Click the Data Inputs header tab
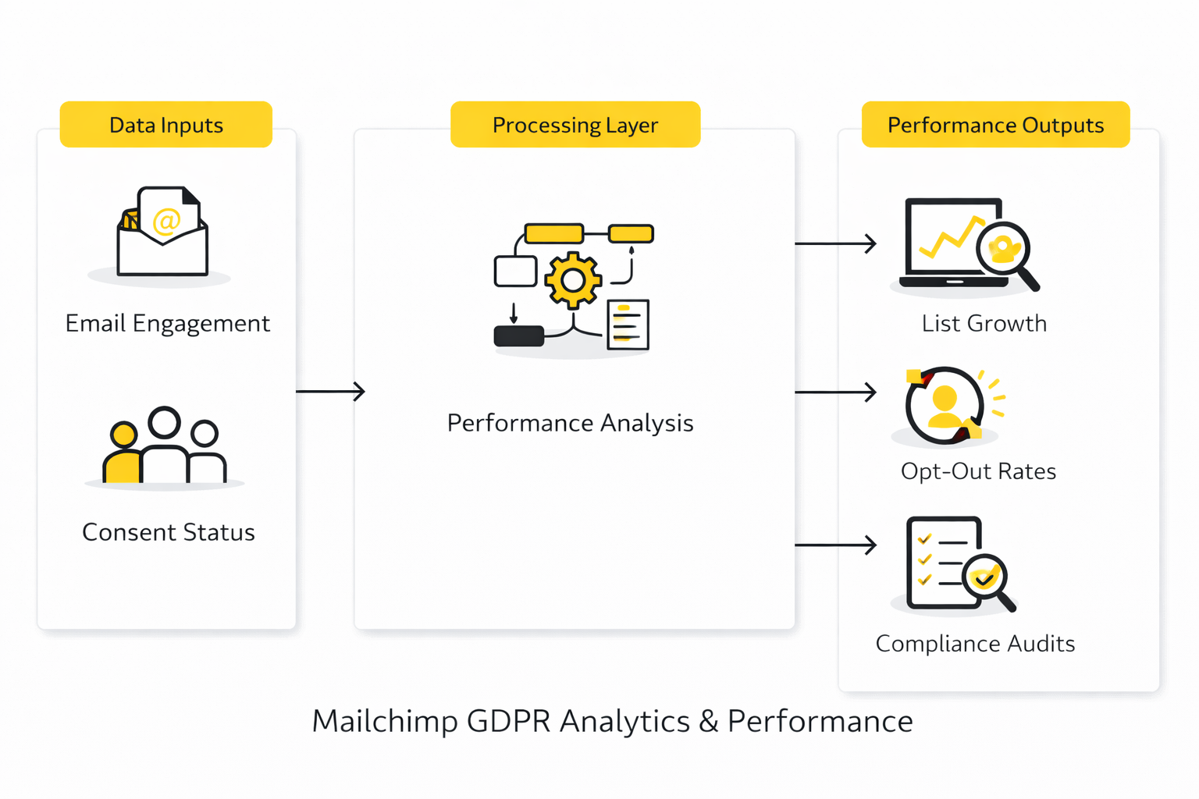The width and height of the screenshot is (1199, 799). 165,125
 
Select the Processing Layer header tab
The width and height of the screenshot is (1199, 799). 575,125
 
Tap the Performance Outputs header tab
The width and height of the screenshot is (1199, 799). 995,125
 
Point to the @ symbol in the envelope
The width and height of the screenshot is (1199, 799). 166,221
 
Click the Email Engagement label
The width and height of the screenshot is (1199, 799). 167,323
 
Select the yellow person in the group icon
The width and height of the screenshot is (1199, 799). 123,456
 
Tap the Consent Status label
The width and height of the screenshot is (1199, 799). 169,532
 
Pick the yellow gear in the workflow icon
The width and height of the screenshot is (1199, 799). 573,280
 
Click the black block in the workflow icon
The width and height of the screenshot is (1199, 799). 519,336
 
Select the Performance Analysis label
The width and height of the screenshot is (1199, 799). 570,423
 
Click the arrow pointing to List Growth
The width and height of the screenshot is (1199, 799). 835,243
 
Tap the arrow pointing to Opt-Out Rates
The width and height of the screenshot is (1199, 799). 835,392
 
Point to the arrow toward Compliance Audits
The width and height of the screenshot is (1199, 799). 835,545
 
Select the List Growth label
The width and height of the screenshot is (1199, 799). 984,323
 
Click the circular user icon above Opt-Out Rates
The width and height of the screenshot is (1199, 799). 945,406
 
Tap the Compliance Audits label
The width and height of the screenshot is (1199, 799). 975,644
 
